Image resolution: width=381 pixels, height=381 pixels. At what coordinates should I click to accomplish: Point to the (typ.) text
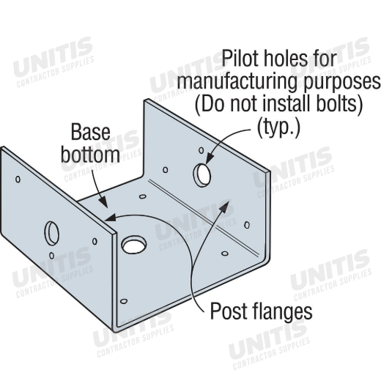278,129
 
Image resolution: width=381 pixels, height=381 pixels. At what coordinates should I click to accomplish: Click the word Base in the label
90,132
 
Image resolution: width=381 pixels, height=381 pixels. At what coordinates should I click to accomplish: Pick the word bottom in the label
90,155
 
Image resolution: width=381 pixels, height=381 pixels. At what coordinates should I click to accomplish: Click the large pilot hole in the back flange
202,175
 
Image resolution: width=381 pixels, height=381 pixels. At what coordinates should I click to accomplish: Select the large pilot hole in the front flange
51,233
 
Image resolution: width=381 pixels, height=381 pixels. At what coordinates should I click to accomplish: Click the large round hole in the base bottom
134,245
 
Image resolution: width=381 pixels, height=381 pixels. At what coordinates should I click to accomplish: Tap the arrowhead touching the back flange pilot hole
210,158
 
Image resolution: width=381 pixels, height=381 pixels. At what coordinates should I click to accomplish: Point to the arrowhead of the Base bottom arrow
103,202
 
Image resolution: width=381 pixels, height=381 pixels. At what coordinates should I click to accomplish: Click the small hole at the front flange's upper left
18,180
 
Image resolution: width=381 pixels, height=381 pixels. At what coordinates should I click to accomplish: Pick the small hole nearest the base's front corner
124,301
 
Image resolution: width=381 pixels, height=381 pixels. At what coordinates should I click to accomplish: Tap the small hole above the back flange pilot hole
201,150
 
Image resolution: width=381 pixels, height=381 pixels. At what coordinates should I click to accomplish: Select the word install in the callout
287,103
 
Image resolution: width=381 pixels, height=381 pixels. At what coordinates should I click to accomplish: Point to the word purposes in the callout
342,83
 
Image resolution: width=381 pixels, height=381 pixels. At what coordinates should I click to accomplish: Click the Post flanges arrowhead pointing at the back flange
225,205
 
